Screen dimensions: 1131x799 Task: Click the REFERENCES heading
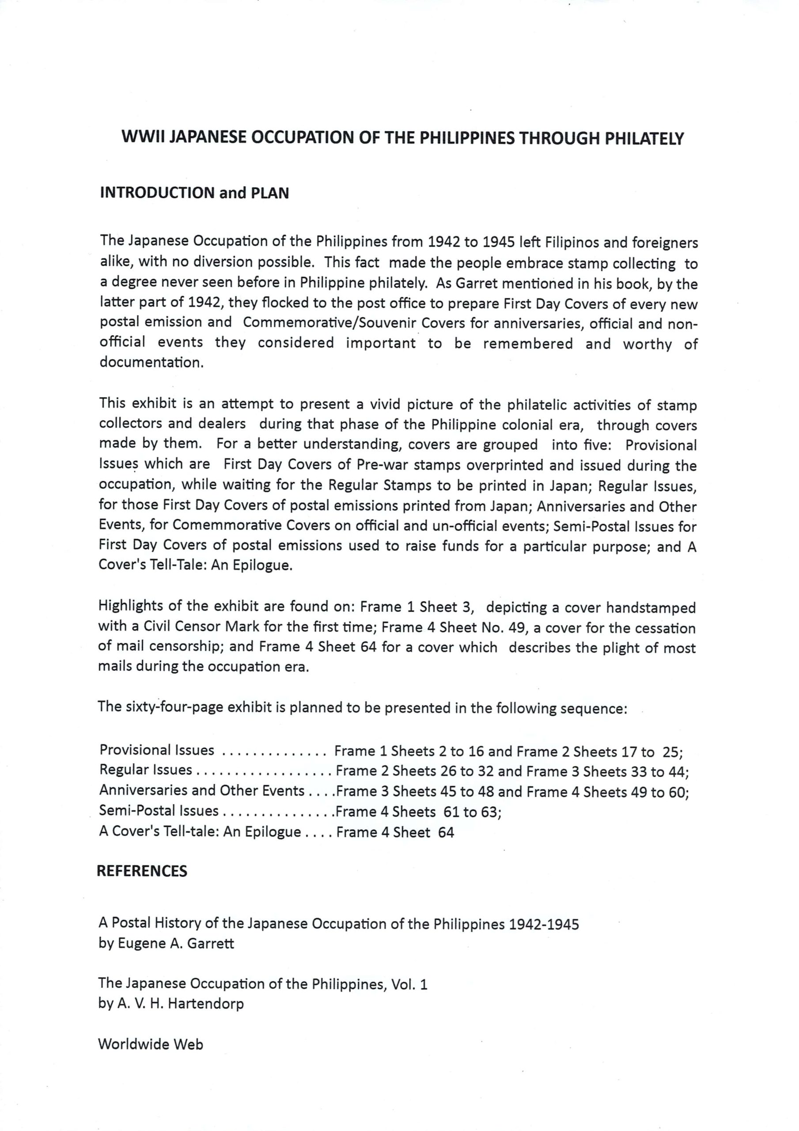click(x=142, y=871)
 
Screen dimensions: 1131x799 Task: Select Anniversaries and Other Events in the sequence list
click(x=201, y=791)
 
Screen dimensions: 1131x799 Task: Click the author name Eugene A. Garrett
click(x=176, y=943)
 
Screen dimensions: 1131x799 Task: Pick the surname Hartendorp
click(x=206, y=1003)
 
